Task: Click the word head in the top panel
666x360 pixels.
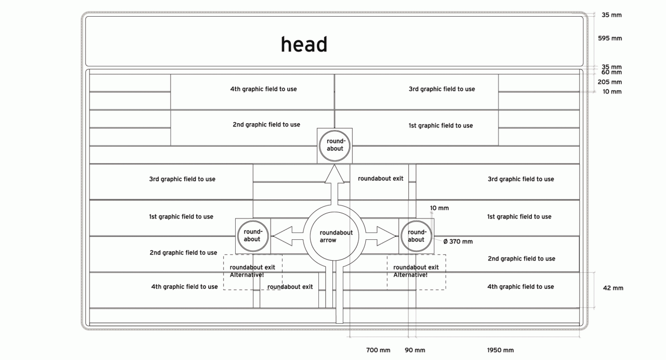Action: click(x=304, y=45)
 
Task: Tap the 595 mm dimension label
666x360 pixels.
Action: click(x=611, y=38)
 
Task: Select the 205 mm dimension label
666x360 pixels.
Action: click(x=609, y=82)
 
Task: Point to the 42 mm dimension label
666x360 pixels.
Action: click(x=613, y=288)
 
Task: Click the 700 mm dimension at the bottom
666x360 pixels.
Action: click(x=378, y=350)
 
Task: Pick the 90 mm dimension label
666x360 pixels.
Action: click(x=415, y=350)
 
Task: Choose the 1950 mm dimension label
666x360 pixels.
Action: click(x=500, y=350)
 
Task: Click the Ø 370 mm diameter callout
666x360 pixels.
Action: click(x=458, y=241)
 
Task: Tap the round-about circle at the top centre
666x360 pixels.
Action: click(x=335, y=145)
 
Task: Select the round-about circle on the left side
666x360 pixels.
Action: click(x=252, y=236)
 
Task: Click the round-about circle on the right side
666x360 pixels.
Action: click(x=416, y=236)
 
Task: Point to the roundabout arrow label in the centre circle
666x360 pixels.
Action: click(x=335, y=237)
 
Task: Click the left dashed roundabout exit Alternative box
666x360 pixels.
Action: click(x=253, y=272)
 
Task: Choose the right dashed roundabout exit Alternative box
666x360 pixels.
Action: click(x=416, y=272)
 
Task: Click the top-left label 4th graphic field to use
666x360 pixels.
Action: click(x=263, y=89)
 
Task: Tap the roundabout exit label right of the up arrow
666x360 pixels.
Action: click(x=380, y=179)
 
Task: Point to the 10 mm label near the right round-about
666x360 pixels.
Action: click(x=439, y=208)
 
